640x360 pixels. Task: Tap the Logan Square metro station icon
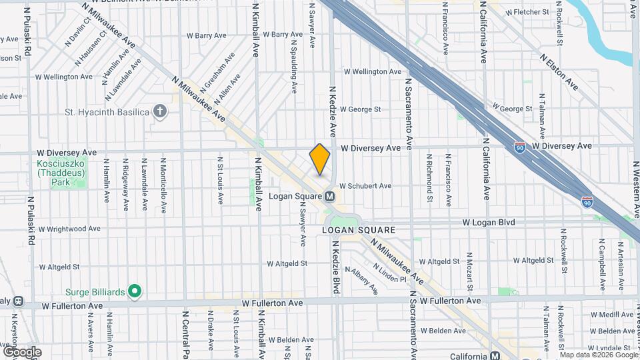[329, 197]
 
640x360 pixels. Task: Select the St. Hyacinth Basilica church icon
[160, 111]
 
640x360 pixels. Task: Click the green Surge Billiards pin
[135, 291]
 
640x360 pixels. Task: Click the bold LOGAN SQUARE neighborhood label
[359, 230]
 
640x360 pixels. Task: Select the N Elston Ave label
[559, 72]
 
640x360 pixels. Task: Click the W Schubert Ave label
[365, 186]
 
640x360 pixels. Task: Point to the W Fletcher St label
[527, 12]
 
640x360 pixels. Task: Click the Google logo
[22, 352]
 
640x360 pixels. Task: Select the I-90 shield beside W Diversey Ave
[519, 146]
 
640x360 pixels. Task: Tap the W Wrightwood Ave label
[70, 229]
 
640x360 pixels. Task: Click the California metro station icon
[495, 355]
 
